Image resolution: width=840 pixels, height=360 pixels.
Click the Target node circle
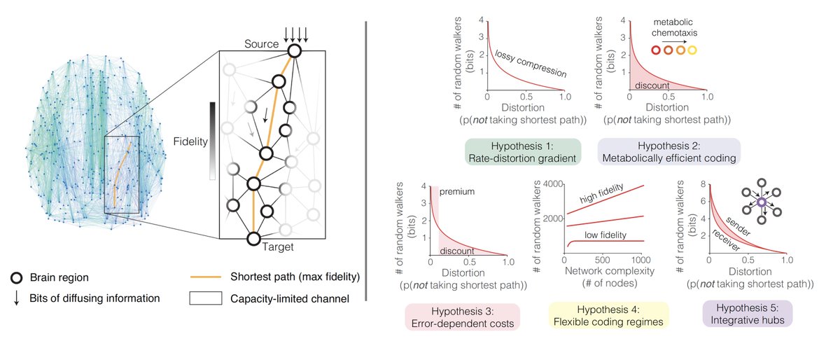click(x=254, y=237)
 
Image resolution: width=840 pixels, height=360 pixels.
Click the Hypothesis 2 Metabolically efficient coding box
click(x=657, y=151)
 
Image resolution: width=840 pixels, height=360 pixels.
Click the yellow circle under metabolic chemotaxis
click(x=692, y=50)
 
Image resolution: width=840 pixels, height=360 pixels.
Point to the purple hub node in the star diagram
click(x=761, y=202)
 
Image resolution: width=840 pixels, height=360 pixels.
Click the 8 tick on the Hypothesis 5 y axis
click(x=701, y=184)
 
